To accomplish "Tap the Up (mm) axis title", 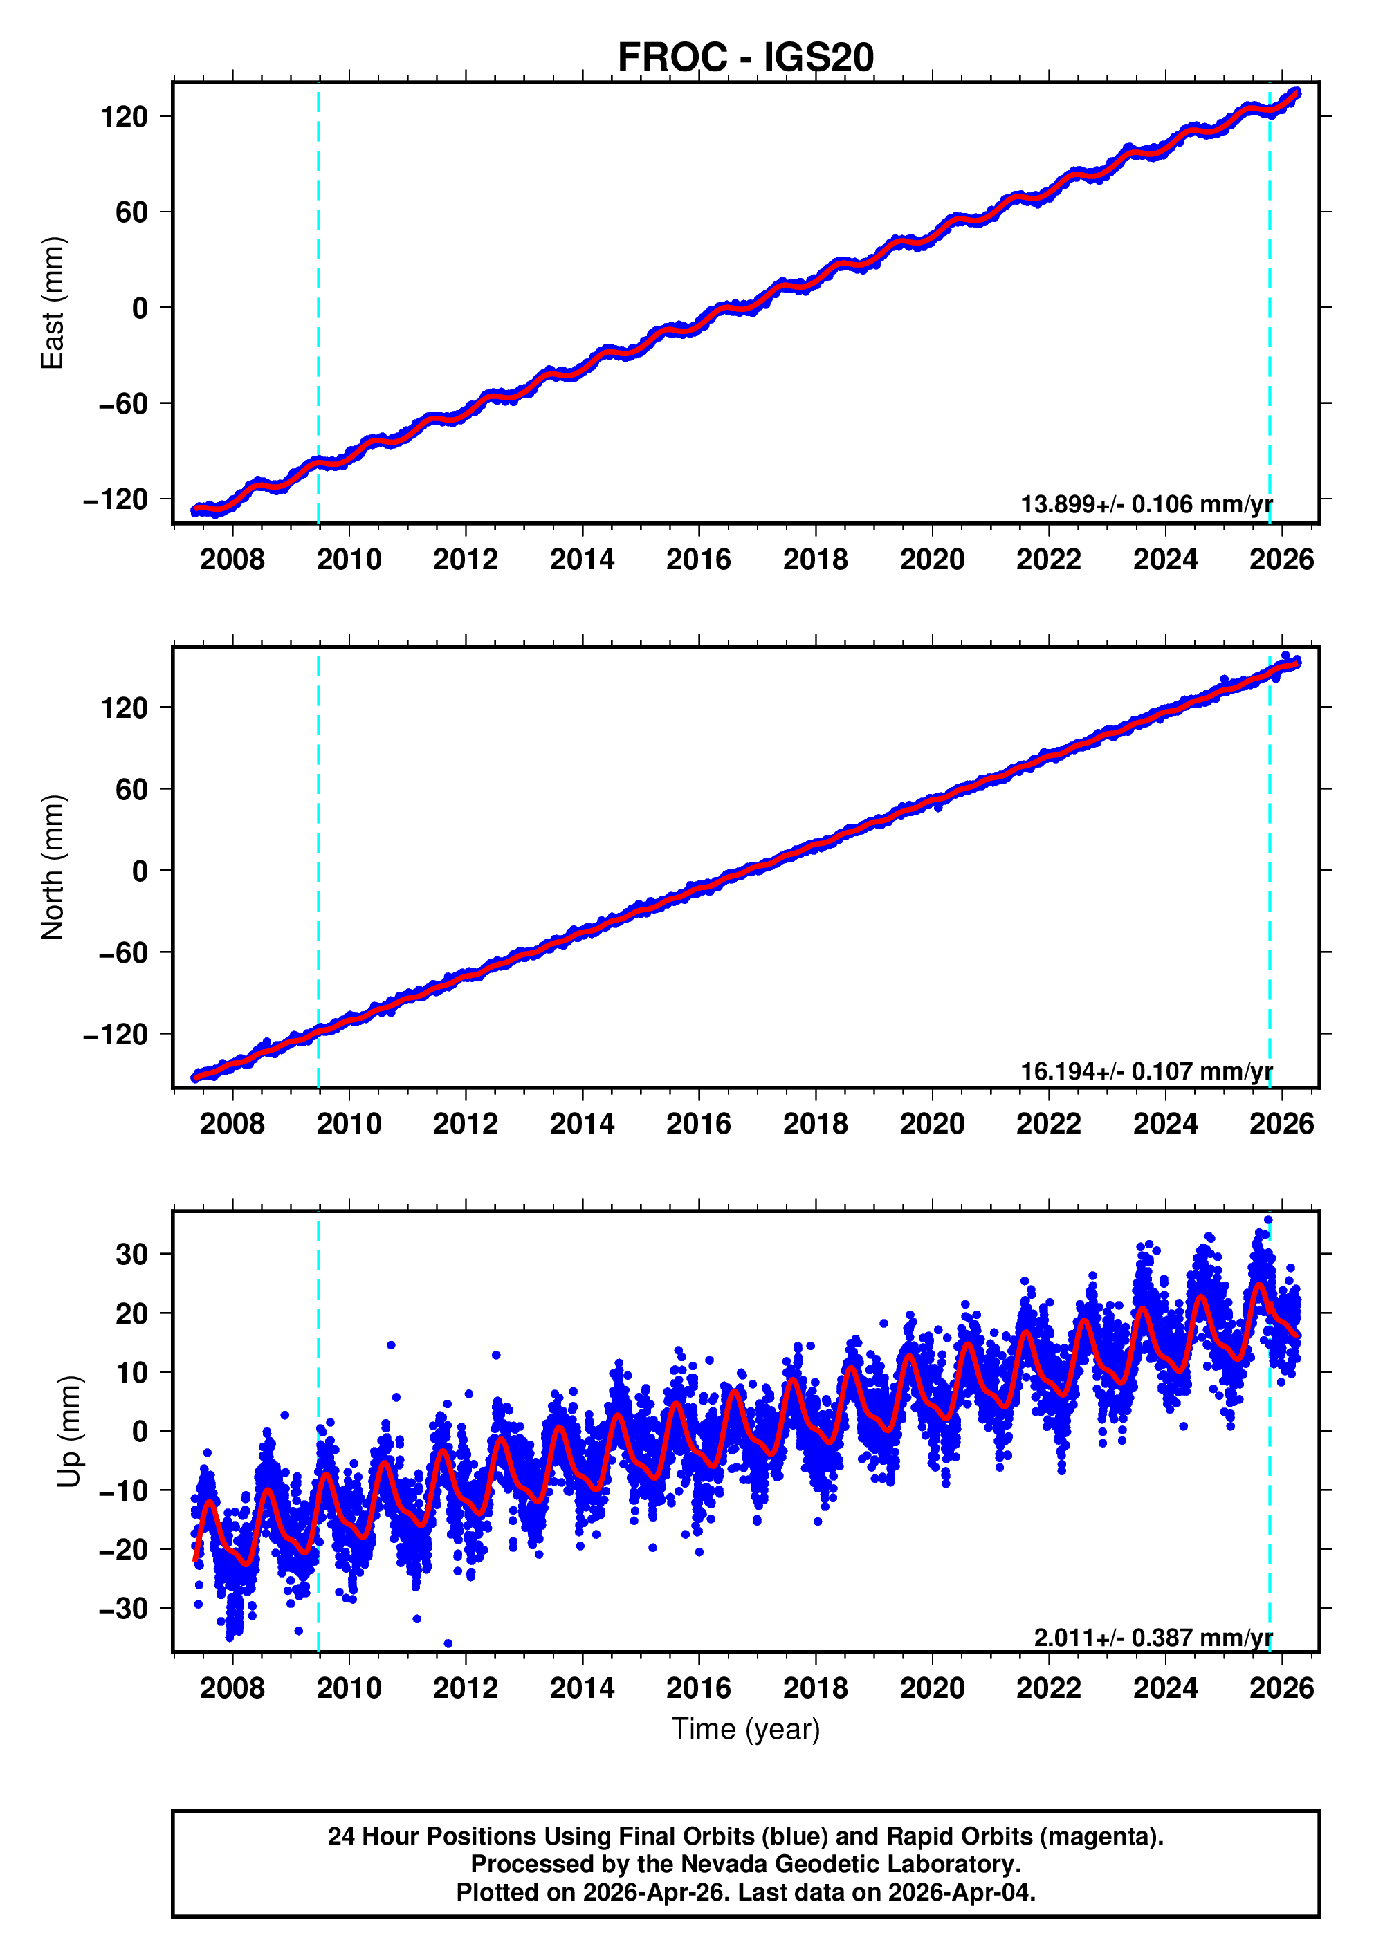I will coord(70,1432).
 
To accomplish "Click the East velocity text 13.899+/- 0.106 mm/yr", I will coord(1146,504).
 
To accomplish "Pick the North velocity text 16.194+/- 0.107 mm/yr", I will coord(1146,1071).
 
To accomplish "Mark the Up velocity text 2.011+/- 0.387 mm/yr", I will coord(1153,1637).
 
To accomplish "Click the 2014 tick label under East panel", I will coord(582,560).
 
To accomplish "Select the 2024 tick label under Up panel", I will coord(1165,1688).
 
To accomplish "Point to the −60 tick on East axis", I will coord(123,403).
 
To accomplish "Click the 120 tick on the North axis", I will coord(124,708).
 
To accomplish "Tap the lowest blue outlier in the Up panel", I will coord(448,1643).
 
